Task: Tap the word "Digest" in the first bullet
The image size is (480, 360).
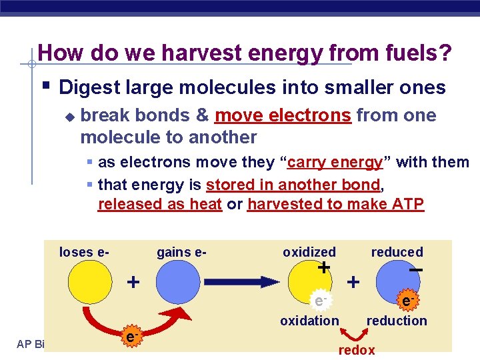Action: tap(88, 87)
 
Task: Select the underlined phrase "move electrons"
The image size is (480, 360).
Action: tap(283, 115)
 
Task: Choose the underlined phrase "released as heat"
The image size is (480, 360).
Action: tap(159, 204)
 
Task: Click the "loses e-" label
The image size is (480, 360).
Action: tap(84, 252)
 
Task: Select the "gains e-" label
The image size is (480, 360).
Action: tap(181, 252)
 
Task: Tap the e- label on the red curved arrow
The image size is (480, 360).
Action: tap(131, 338)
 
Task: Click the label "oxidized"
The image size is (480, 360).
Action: tap(309, 252)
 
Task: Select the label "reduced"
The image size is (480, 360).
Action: tap(397, 252)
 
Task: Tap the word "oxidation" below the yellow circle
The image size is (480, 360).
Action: tap(309, 321)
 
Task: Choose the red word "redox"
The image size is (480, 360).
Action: tap(357, 350)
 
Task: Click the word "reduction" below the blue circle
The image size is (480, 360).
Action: tap(397, 321)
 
